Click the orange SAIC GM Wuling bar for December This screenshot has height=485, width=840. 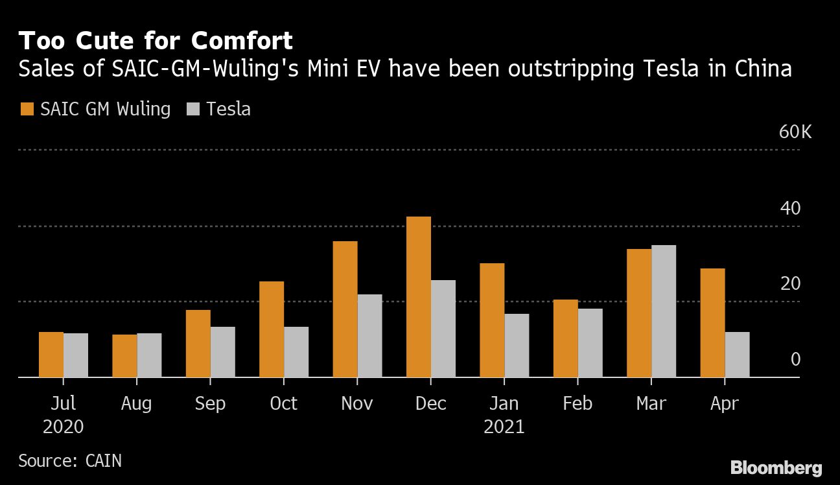419,296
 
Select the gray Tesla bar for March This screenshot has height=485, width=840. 664,311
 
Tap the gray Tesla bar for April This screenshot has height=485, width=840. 737,354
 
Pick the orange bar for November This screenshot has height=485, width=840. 345,309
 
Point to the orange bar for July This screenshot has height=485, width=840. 51,354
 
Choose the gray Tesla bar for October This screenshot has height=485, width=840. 296,351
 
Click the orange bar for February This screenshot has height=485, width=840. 566,338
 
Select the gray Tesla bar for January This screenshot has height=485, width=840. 517,345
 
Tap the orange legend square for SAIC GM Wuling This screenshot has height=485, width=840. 27,109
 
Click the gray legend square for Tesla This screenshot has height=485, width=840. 193,109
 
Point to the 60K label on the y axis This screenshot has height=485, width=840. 795,132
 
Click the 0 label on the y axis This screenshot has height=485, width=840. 796,359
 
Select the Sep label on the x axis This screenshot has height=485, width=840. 210,403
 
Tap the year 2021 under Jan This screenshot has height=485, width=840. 504,427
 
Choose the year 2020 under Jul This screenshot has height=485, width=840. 63,427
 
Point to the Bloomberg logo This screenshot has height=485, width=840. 776,468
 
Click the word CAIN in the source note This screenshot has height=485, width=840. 103,461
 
